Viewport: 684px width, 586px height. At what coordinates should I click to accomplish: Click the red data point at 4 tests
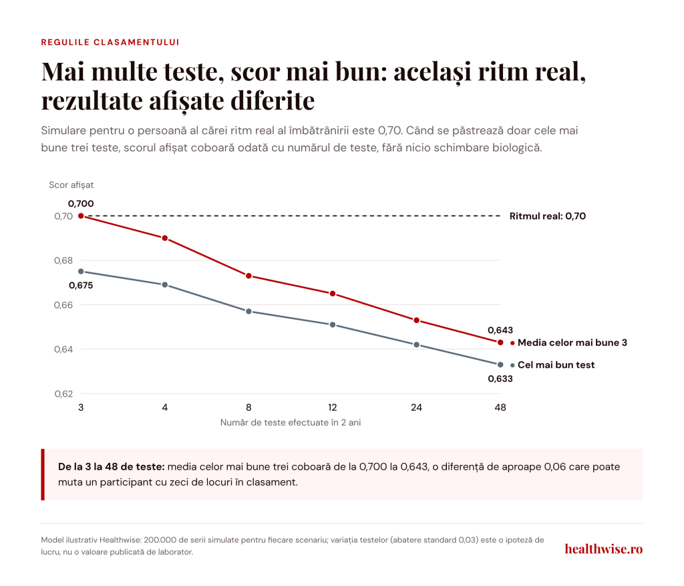coord(165,238)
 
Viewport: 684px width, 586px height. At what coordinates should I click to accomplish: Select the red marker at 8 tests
coord(248,276)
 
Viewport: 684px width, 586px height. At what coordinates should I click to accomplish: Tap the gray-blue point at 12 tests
coord(333,324)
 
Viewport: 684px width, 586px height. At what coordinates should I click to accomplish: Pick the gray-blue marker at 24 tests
coord(417,345)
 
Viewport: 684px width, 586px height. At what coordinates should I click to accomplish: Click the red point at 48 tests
coord(500,342)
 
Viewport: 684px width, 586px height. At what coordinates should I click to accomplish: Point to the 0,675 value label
coord(81,286)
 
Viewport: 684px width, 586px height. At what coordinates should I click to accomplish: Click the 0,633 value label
coord(500,379)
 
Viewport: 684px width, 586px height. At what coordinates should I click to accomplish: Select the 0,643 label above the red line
coord(500,330)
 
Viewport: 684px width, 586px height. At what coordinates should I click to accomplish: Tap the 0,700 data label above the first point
coord(81,203)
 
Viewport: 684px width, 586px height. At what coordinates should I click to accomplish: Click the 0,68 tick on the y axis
coord(63,260)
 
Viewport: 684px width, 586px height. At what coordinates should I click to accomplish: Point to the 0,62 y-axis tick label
coord(63,394)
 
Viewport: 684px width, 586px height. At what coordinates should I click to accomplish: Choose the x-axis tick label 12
coord(333,407)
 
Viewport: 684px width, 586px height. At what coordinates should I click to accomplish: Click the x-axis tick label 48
coord(500,407)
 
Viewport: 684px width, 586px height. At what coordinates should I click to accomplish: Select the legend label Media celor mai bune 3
coord(572,343)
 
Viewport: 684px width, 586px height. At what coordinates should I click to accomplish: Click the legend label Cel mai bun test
coord(556,365)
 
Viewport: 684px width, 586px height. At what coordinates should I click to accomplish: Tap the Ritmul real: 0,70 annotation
coord(548,216)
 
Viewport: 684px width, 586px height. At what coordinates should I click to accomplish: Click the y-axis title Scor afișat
coord(71,185)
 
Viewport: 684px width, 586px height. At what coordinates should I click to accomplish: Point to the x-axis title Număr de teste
coord(291,423)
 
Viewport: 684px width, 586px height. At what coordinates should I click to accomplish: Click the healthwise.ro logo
coord(604,549)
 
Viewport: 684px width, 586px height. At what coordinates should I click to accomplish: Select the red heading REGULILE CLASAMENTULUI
coord(110,42)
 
